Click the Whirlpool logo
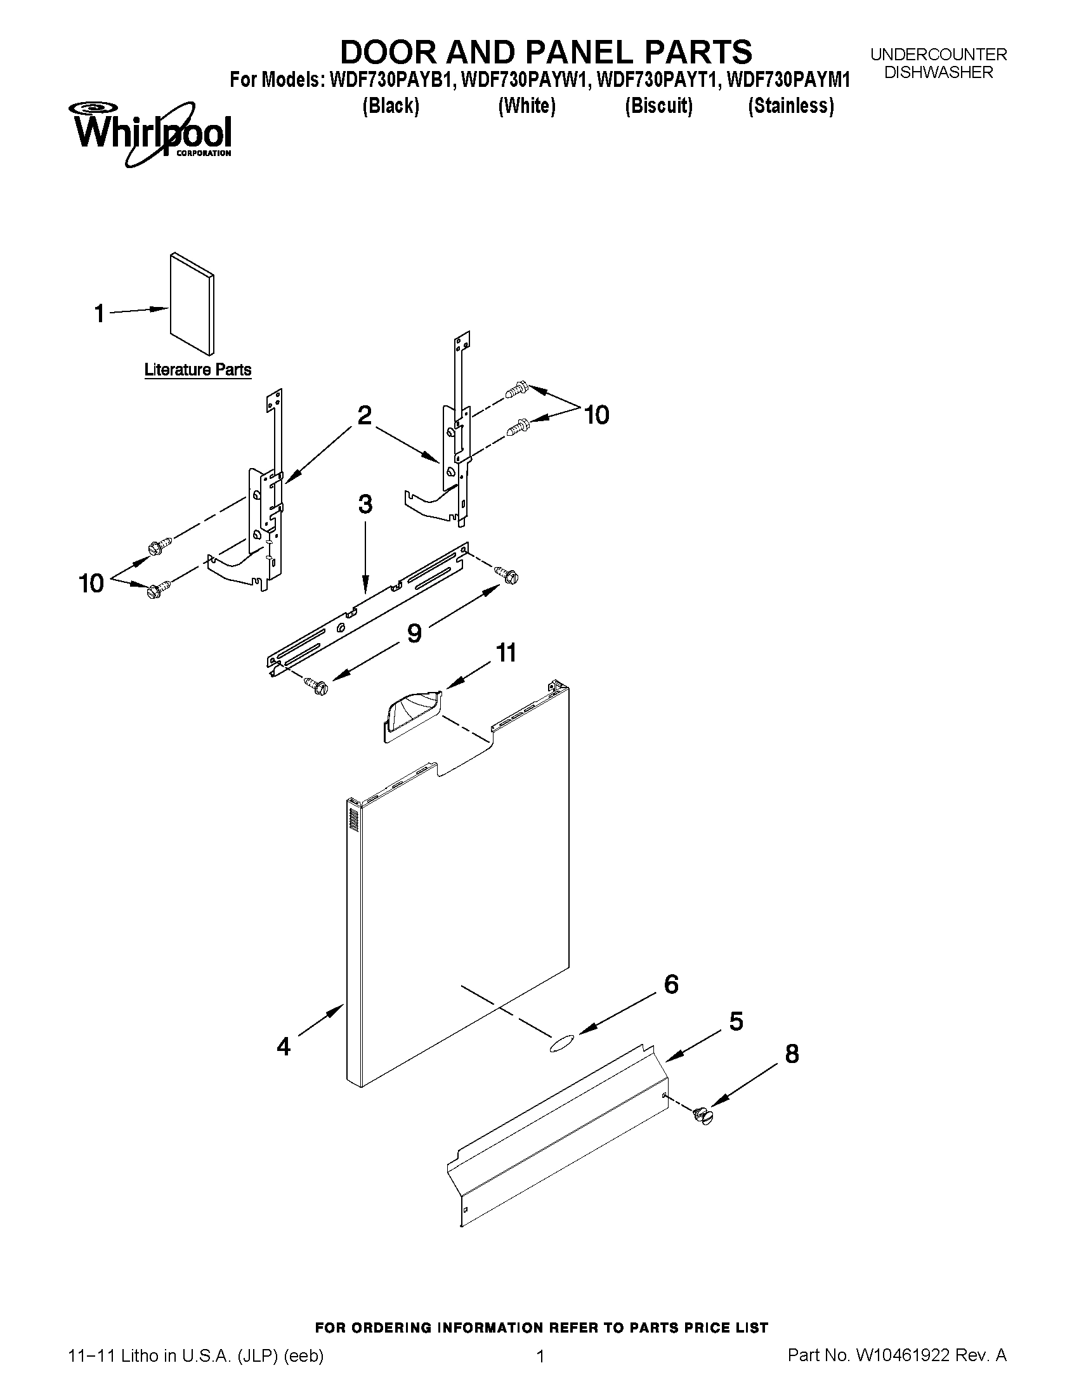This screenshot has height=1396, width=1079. tap(152, 133)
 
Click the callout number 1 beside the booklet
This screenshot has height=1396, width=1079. tap(99, 314)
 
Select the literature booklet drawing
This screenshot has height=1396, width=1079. tap(192, 304)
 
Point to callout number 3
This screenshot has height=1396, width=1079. tap(365, 504)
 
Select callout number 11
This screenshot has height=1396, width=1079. tap(506, 653)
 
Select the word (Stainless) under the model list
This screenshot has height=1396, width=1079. tap(791, 105)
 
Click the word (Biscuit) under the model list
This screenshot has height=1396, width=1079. tap(658, 105)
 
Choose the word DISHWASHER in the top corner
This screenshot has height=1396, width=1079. tap(938, 73)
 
